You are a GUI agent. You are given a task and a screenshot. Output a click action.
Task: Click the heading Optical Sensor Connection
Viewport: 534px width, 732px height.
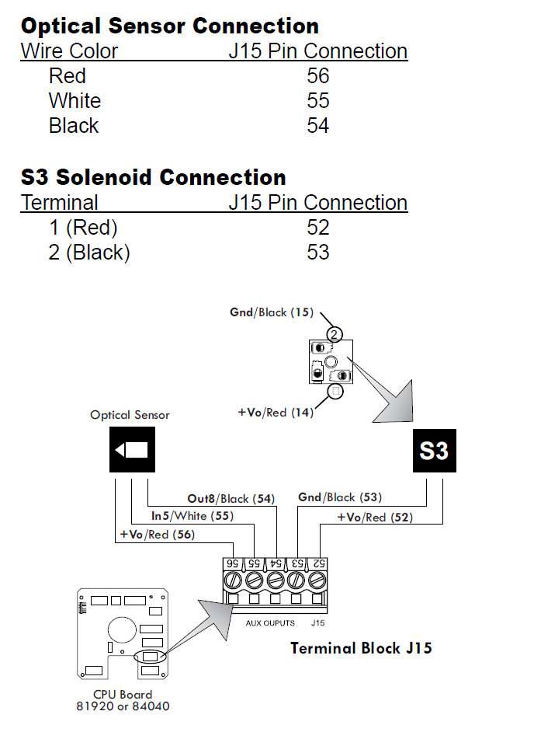coord(169,26)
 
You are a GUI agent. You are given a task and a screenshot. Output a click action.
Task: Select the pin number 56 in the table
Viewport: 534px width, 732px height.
coord(317,76)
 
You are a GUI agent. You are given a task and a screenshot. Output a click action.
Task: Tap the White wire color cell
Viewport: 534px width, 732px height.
coord(75,101)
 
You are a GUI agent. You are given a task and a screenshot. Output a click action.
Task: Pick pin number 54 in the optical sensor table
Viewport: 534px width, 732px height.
coord(317,126)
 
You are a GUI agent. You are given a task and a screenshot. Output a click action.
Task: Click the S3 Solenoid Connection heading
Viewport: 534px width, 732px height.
coord(153,177)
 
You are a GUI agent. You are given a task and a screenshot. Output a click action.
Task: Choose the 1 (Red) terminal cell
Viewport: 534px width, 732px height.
coord(82,228)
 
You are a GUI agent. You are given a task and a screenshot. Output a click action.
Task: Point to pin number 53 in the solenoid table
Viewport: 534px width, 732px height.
coord(317,253)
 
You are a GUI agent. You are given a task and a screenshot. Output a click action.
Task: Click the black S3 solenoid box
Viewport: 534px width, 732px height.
coord(434,451)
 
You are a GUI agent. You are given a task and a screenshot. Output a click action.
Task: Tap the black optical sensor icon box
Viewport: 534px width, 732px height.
coord(131,450)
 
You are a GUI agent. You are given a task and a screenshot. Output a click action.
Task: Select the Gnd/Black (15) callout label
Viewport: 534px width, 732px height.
coord(272,312)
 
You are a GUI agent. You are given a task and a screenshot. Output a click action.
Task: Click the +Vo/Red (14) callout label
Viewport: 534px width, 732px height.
coord(276,413)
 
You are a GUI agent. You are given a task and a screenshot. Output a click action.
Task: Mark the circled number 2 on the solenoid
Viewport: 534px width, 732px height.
coord(335,335)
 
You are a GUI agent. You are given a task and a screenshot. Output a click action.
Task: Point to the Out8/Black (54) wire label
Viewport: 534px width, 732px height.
coord(231,498)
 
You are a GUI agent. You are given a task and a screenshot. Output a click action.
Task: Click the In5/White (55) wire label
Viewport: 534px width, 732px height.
coord(192,515)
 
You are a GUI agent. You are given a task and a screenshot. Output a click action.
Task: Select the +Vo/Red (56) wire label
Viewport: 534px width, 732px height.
coord(157,535)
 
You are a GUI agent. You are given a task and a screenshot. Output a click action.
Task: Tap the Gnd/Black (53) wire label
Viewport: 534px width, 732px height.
coord(340,497)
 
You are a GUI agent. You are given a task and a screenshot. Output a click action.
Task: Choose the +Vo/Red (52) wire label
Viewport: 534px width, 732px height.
coord(375,517)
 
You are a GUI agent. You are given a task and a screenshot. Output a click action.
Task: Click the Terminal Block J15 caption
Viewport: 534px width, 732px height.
coord(361,648)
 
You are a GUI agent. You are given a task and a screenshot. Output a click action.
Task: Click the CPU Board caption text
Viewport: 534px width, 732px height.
coord(123,695)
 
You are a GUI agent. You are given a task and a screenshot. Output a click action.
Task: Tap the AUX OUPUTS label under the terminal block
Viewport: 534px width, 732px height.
coord(271,623)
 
